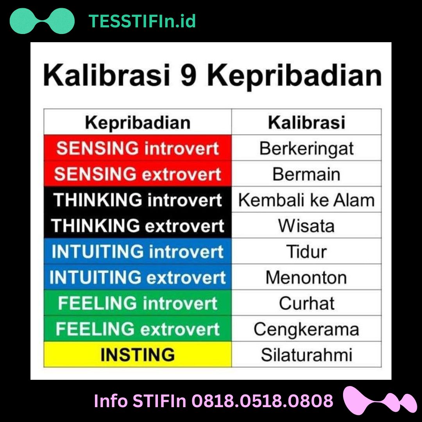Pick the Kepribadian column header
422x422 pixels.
pos(138,122)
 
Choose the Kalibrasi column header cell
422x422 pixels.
pos(306,122)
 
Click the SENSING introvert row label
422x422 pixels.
pos(138,148)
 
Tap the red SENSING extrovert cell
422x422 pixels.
pos(138,174)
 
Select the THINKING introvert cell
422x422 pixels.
pos(138,200)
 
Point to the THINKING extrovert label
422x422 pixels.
pos(138,226)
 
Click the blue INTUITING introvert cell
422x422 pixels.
pos(138,252)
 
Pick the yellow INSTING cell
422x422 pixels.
pos(138,355)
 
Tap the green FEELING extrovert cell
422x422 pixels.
pos(138,329)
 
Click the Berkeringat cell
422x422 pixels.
pos(306,148)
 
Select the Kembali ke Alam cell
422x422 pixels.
pos(306,200)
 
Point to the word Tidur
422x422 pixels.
pos(306,252)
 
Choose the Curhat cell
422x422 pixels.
pos(306,303)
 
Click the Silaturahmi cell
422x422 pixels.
pos(306,355)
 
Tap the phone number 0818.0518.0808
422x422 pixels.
pos(263,401)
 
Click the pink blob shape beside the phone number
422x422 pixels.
pos(378,401)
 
